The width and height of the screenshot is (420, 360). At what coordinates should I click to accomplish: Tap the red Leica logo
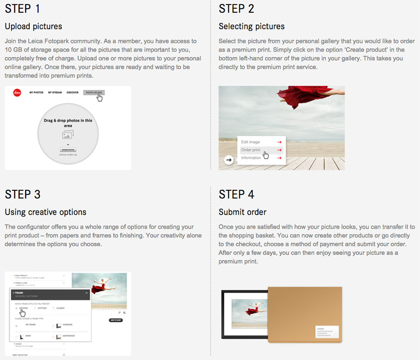[17, 93]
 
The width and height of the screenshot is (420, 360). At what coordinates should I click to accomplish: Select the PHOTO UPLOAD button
[94, 93]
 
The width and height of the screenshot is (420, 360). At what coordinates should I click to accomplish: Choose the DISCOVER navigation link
[72, 93]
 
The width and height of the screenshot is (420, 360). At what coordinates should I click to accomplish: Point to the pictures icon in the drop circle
[68, 134]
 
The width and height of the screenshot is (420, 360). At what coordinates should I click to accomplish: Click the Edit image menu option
[251, 142]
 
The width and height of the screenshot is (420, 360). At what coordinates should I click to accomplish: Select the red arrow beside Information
[279, 158]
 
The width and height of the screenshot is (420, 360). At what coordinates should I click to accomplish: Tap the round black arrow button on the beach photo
[229, 160]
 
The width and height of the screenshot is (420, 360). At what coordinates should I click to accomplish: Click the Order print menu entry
[251, 150]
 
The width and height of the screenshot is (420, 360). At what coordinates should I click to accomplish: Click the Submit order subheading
[243, 212]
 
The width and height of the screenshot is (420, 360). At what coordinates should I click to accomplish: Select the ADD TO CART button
[116, 320]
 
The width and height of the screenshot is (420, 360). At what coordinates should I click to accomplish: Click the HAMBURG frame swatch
[58, 326]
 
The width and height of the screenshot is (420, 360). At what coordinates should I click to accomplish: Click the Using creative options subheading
[45, 212]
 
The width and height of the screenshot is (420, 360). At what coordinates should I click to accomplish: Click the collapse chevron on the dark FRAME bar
[86, 293]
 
